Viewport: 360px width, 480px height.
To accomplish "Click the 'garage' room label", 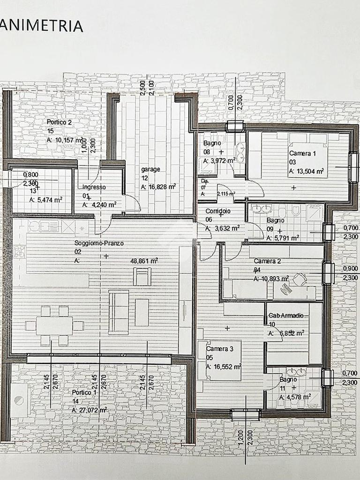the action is tap(150, 170).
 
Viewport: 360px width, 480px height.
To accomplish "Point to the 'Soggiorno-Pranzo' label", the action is tap(98, 243).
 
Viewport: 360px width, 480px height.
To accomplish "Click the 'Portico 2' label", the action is tap(59, 122).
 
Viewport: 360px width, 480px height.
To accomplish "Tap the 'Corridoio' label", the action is tap(218, 211).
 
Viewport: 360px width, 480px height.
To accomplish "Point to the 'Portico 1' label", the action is tap(84, 392).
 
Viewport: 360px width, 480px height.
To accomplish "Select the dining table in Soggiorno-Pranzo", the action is tap(54, 325).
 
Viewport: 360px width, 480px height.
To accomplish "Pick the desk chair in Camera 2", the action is tap(300, 280).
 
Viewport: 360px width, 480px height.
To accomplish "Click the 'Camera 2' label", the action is tap(267, 261).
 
